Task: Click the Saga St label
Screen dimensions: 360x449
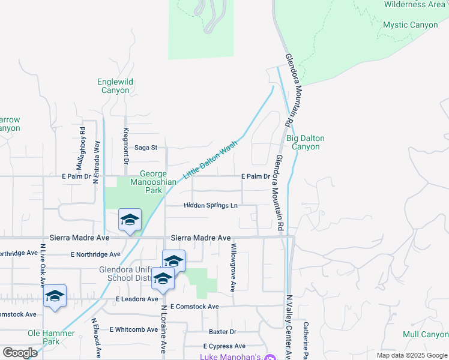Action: click(x=145, y=147)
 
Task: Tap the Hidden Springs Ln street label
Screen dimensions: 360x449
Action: click(x=210, y=205)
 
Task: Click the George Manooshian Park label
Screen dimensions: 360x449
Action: click(x=147, y=182)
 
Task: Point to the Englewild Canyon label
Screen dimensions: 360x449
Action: click(x=114, y=86)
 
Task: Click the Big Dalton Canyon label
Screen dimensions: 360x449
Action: click(x=305, y=142)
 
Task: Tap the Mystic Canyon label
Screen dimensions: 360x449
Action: click(x=410, y=25)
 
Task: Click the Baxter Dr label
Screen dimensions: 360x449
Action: click(x=223, y=332)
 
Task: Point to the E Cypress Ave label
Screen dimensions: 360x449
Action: click(x=224, y=346)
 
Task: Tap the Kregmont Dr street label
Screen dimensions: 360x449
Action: click(x=126, y=146)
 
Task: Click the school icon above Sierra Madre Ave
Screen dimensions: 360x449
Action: click(x=130, y=220)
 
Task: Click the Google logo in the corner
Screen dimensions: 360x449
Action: click(x=20, y=353)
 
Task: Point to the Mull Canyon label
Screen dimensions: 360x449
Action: click(x=426, y=334)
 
